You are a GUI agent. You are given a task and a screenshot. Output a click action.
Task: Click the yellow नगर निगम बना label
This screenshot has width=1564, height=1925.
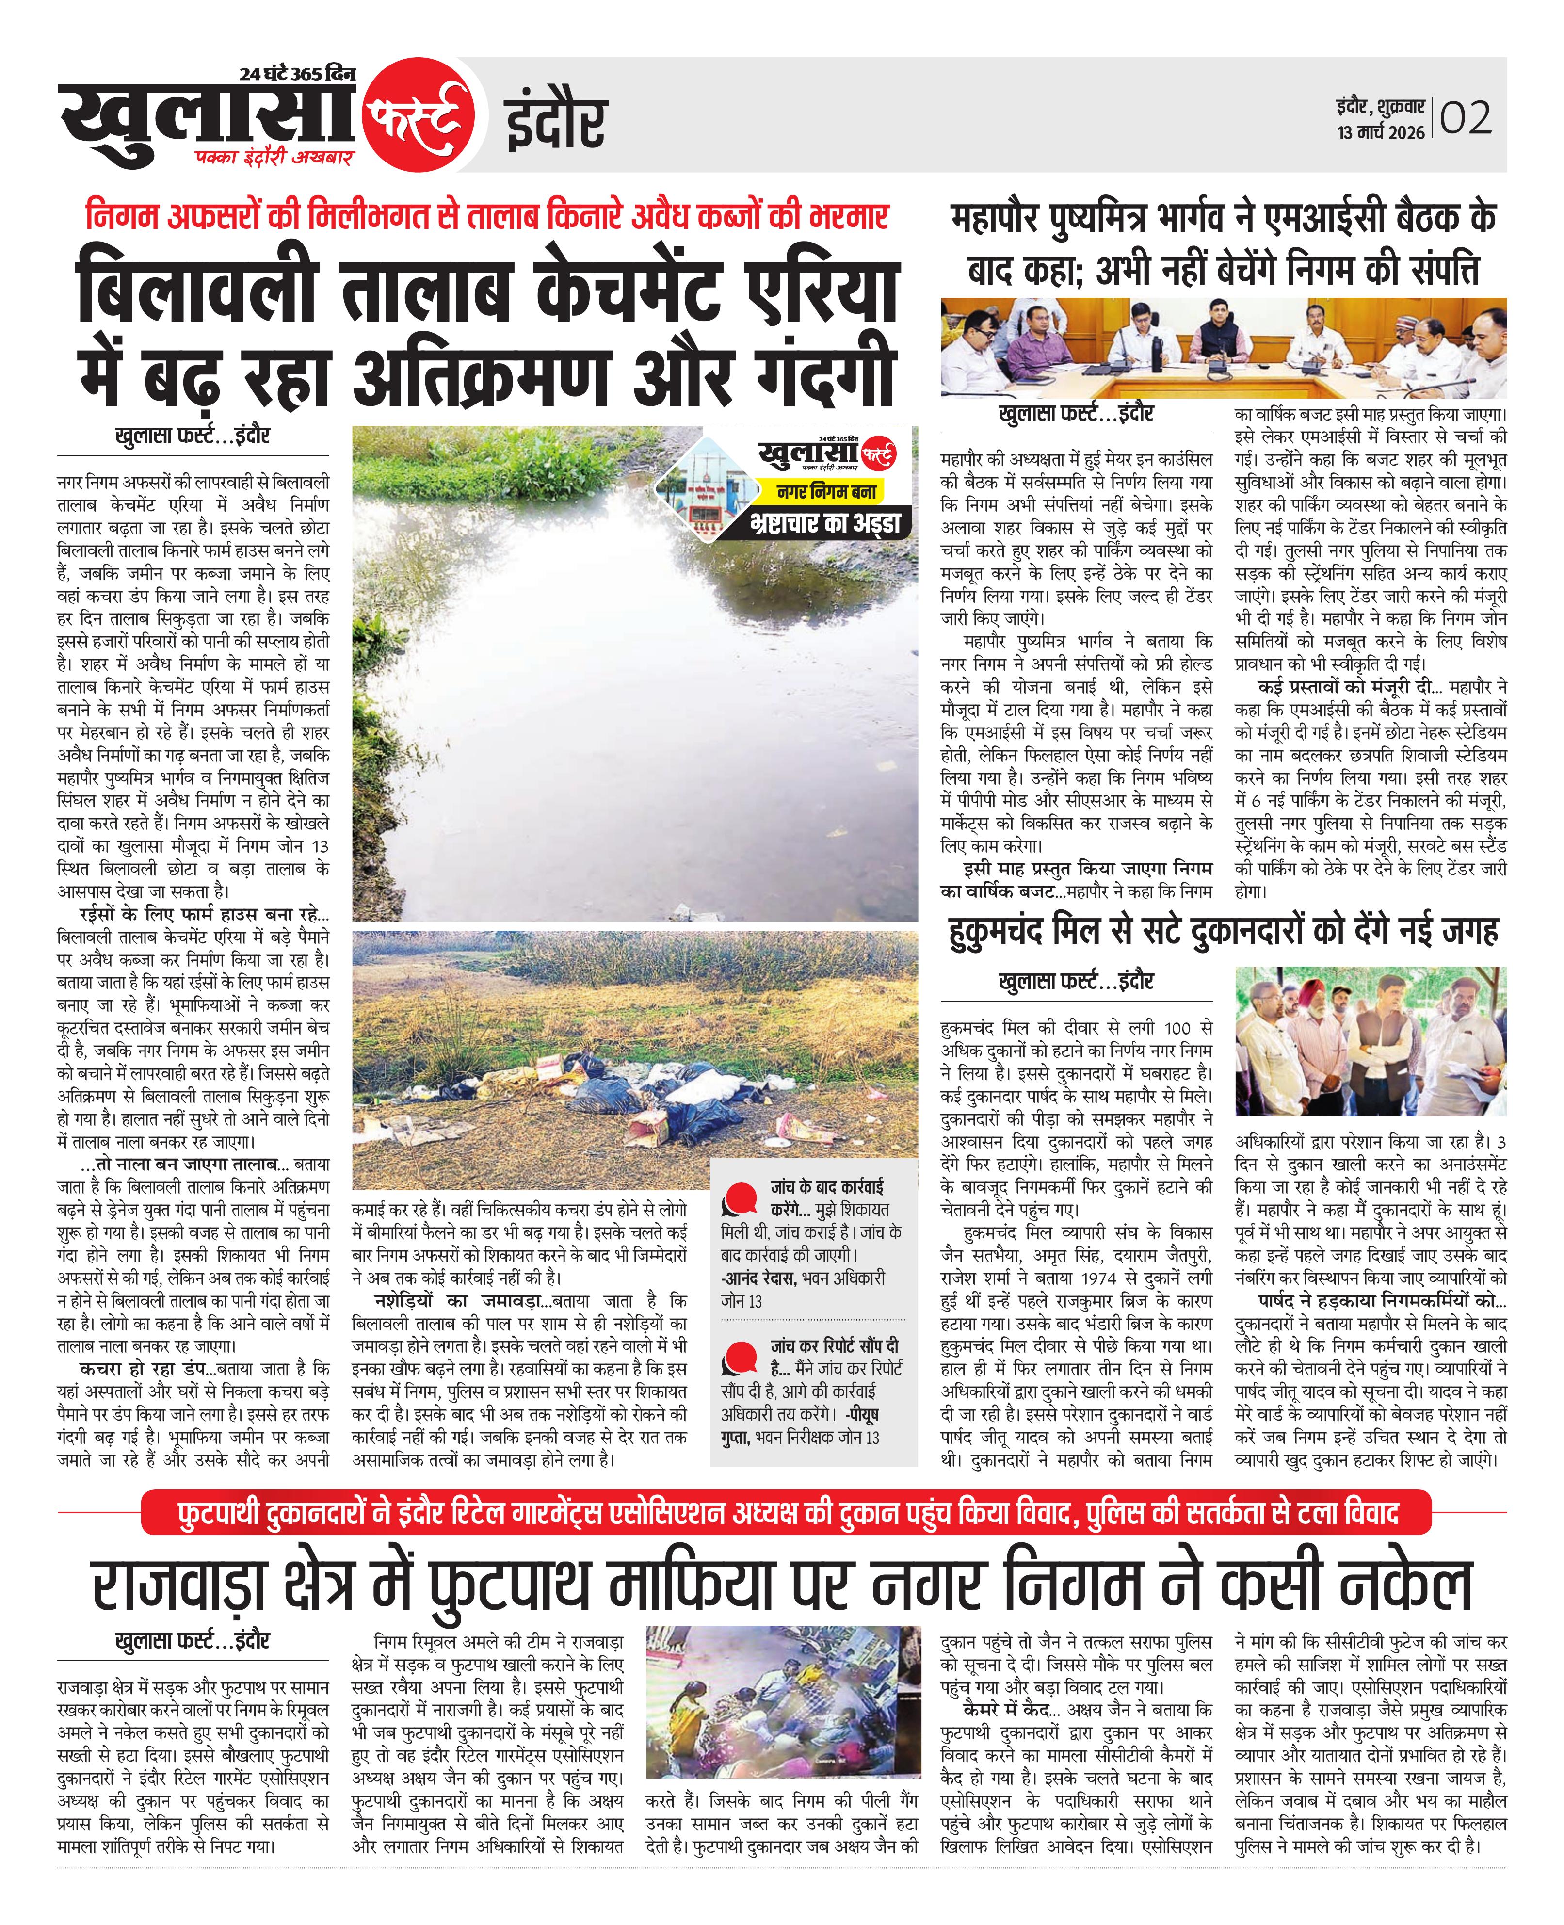coord(827,492)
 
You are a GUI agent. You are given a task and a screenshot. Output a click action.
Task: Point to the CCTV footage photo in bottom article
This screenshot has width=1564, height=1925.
coord(783,1701)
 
